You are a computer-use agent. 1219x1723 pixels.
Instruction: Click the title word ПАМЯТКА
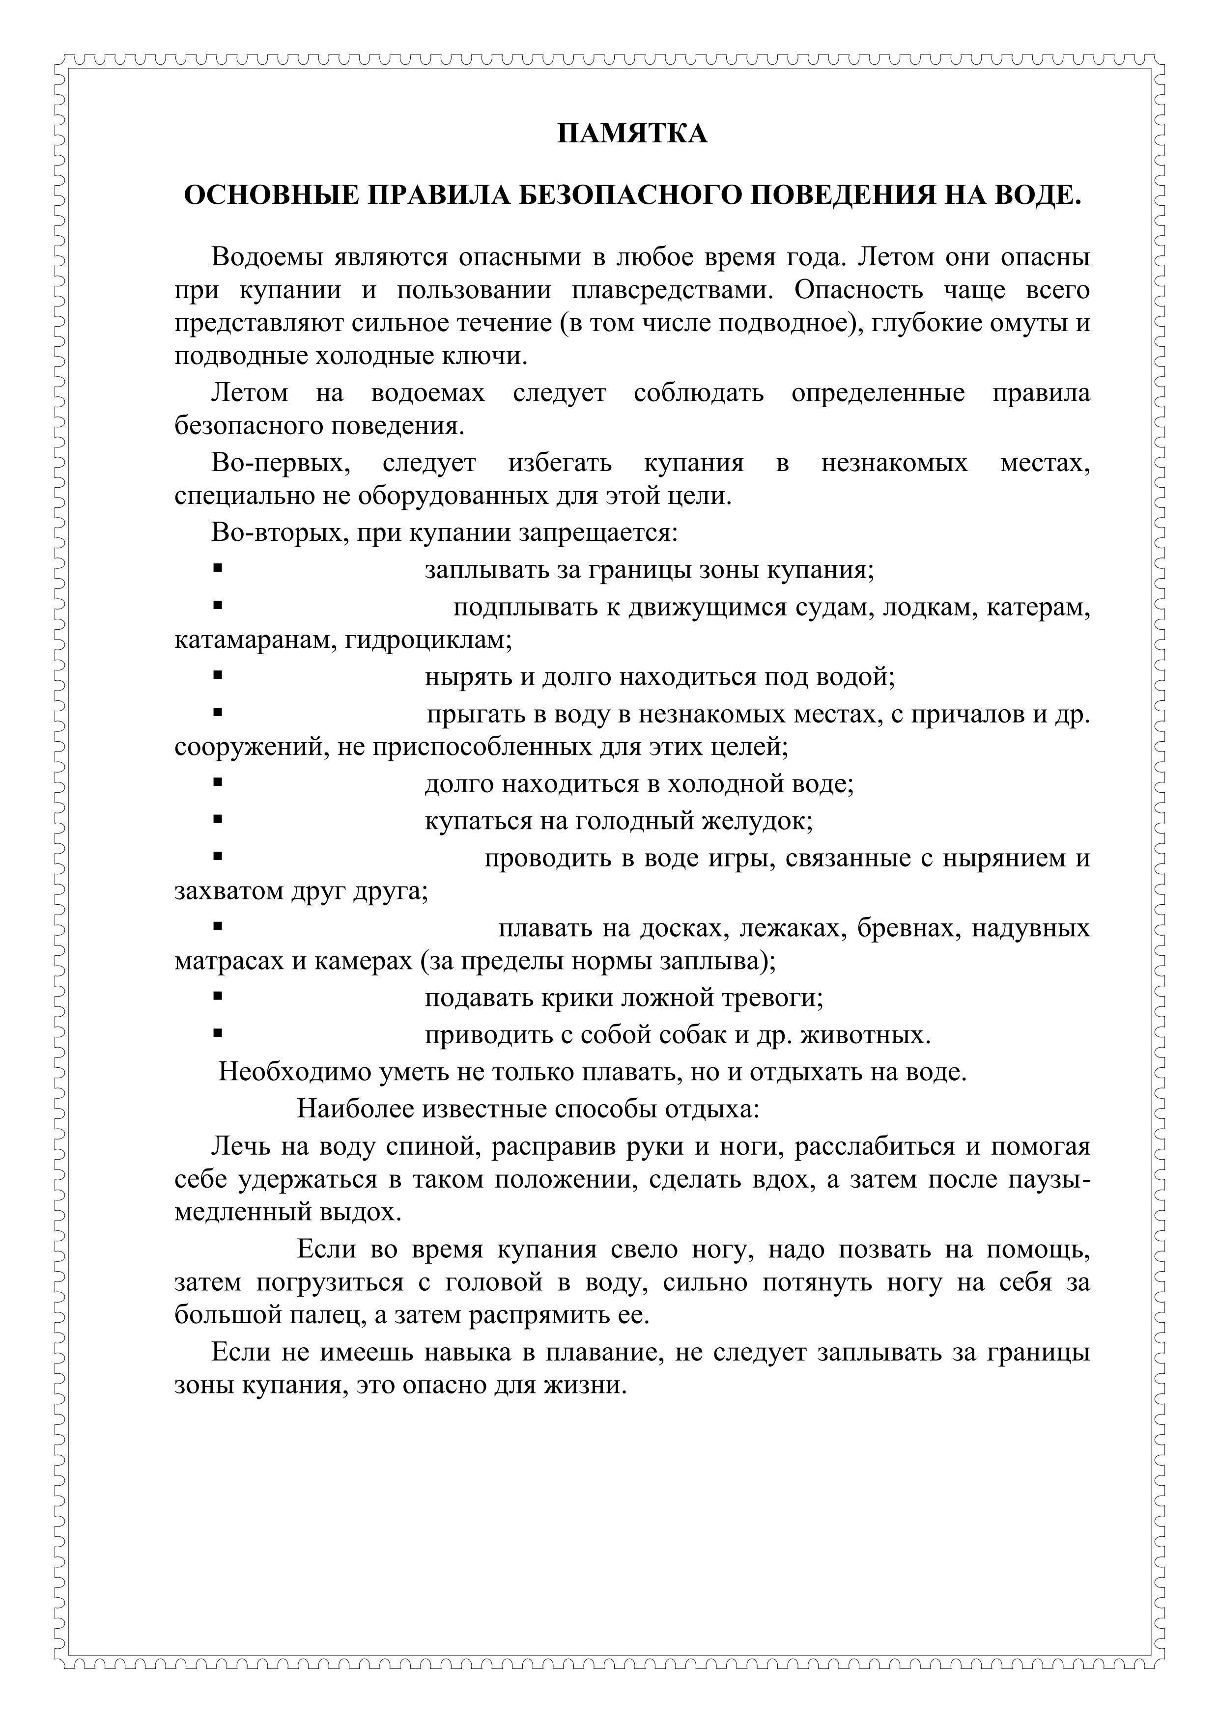pos(632,134)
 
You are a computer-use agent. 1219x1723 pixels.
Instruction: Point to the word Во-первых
pos(281,463)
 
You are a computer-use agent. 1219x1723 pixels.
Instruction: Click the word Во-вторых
pos(278,533)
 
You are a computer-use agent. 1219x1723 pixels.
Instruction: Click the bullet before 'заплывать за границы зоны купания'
pos(218,569)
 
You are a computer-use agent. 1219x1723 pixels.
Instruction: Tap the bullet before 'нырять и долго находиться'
pos(218,675)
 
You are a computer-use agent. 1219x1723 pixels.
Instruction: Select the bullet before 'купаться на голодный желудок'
pos(218,819)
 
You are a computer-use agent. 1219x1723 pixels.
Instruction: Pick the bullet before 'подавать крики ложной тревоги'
pos(218,997)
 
